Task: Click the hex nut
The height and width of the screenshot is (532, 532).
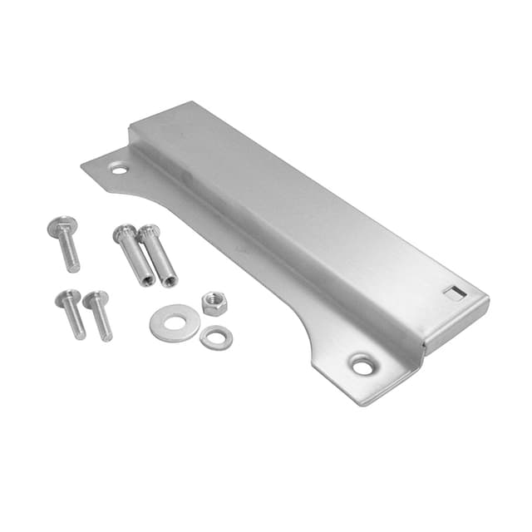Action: [214, 303]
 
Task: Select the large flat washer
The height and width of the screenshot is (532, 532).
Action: [175, 324]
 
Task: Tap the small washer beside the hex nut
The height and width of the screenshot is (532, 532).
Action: [216, 337]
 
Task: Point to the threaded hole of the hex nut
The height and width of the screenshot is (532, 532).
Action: [214, 301]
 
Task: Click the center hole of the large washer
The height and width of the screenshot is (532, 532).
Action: [174, 323]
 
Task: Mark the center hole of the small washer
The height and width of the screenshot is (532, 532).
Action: [216, 337]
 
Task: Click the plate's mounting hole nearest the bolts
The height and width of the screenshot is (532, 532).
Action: [120, 169]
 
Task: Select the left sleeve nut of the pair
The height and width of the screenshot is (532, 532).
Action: [135, 254]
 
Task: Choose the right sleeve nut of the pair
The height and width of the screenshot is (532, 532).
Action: [159, 254]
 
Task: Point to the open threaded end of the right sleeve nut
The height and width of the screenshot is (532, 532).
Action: [170, 280]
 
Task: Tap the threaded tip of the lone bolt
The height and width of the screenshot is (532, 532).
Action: [75, 267]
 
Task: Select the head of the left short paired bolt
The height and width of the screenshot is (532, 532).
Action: [66, 297]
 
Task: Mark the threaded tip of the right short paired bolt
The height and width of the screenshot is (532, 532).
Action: [107, 336]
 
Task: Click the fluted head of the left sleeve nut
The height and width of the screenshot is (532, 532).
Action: [125, 234]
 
